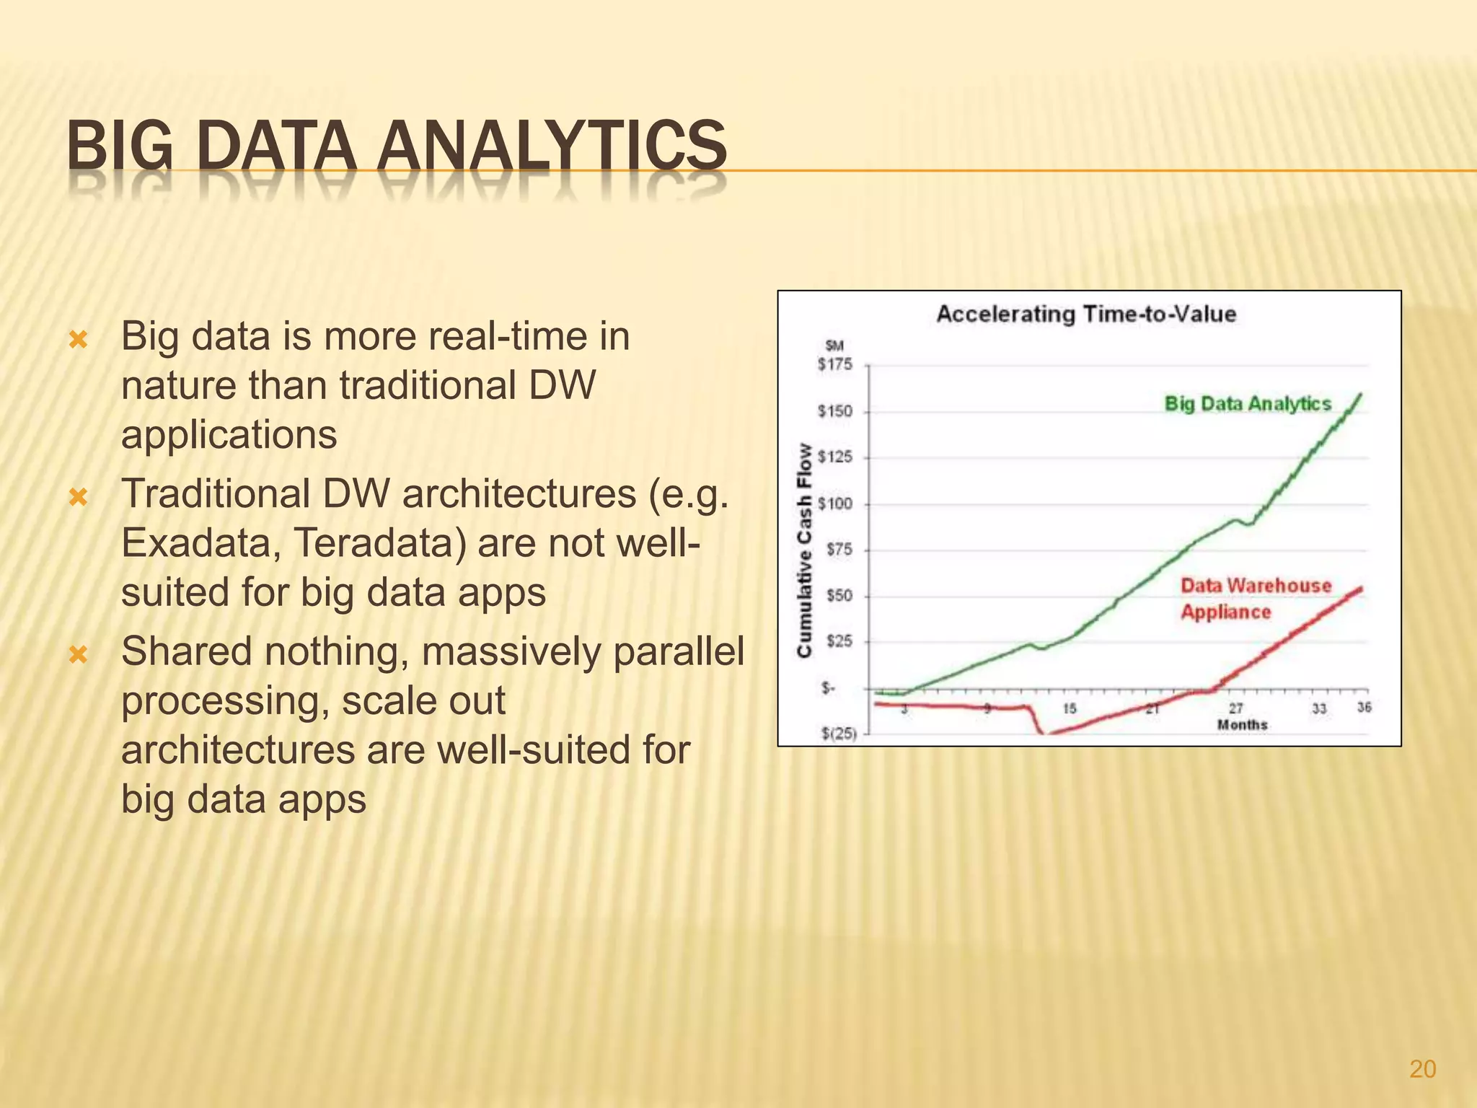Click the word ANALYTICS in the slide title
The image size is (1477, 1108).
(x=552, y=146)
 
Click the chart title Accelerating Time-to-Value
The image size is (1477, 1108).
(x=1086, y=315)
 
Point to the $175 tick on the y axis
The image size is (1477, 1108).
(x=834, y=365)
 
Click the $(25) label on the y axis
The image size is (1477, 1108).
(x=839, y=734)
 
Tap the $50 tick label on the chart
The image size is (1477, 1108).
(x=839, y=596)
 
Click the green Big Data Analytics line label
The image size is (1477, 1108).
(x=1248, y=404)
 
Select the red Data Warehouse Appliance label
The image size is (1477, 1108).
(x=1255, y=598)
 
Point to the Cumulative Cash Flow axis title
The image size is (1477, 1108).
(x=804, y=550)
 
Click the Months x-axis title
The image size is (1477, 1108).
(x=1242, y=725)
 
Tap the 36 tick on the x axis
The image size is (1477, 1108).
(x=1364, y=708)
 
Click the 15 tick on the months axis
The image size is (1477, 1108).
(x=1070, y=709)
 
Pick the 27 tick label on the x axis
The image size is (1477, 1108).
(x=1236, y=709)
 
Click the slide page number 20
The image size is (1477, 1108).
(x=1422, y=1069)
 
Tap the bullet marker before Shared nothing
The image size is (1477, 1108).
(x=78, y=654)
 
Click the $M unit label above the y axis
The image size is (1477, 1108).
(x=834, y=347)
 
